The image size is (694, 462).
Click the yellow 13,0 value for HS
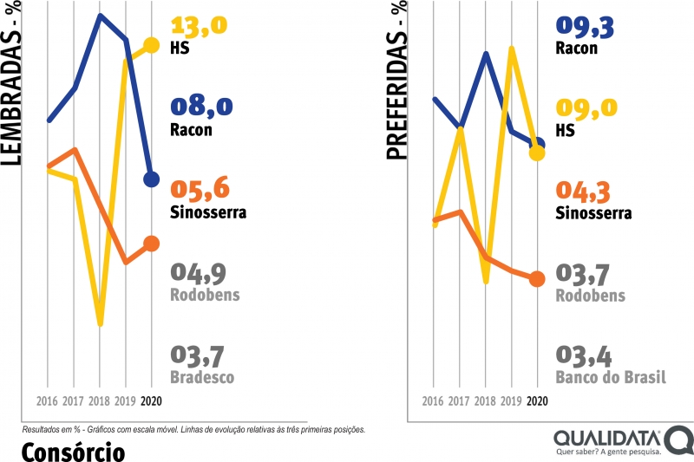[199, 25]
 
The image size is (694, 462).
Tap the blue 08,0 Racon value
[200, 107]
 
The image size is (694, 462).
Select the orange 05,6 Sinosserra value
[200, 190]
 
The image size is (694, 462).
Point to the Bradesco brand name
[201, 378]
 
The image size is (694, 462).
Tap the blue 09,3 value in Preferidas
[586, 27]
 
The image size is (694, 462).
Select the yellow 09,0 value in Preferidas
[586, 107]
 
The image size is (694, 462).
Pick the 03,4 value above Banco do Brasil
[586, 355]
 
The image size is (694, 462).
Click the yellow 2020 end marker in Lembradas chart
[151, 45]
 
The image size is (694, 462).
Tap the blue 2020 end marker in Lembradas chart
[151, 179]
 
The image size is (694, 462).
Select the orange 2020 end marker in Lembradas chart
[151, 244]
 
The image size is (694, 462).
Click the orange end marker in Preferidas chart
[537, 278]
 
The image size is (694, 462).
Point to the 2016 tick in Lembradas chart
[48, 401]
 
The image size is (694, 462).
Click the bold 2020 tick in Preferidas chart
[537, 401]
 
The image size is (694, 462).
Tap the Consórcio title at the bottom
[73, 451]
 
